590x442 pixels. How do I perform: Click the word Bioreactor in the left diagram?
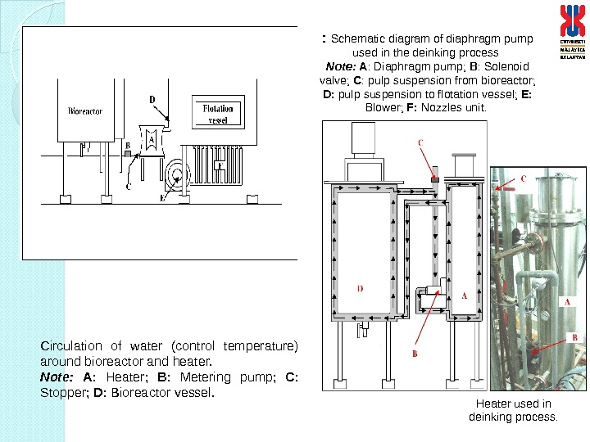tap(85, 110)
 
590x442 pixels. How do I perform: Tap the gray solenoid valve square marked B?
tap(127, 152)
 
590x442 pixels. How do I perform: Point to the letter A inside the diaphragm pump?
tap(151, 141)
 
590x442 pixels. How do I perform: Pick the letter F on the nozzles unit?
tap(218, 165)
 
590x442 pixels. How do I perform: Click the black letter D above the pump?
tap(152, 100)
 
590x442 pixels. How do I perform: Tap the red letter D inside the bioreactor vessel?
tap(361, 288)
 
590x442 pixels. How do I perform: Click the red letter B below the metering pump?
tap(415, 354)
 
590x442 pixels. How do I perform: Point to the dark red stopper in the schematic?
tap(436, 178)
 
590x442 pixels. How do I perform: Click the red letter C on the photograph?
tap(523, 178)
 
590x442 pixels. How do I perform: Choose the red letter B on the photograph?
tap(575, 336)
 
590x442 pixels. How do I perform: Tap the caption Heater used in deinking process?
tap(512, 410)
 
